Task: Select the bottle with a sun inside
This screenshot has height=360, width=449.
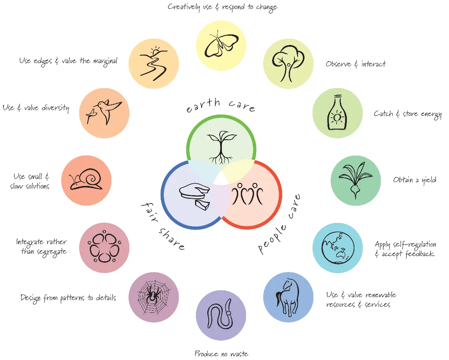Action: click(x=337, y=113)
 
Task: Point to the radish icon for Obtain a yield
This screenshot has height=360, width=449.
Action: click(x=355, y=180)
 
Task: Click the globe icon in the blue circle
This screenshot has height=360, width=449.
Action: click(x=337, y=248)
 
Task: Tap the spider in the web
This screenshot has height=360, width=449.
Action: click(x=153, y=297)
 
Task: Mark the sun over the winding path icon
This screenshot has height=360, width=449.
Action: click(x=155, y=52)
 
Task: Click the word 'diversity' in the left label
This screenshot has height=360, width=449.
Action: click(x=55, y=108)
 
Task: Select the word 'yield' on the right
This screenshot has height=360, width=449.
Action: click(x=427, y=180)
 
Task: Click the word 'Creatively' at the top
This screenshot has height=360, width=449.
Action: click(x=185, y=7)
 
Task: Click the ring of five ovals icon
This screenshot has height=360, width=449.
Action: click(x=104, y=247)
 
